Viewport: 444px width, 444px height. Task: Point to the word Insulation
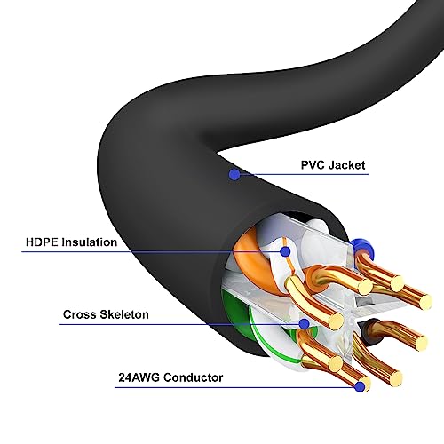90,242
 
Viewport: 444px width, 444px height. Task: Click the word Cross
79,314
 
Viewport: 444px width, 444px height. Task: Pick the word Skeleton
124,314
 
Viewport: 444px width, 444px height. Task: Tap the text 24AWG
139,377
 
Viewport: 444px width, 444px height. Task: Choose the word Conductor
194,377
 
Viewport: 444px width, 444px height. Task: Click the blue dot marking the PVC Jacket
234,174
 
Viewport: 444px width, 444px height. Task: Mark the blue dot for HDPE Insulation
285,251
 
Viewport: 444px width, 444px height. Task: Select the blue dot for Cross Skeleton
304,324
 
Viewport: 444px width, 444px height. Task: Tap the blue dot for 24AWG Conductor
360,387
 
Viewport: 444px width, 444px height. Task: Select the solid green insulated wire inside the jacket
238,320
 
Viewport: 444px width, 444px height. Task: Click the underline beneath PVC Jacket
305,174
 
